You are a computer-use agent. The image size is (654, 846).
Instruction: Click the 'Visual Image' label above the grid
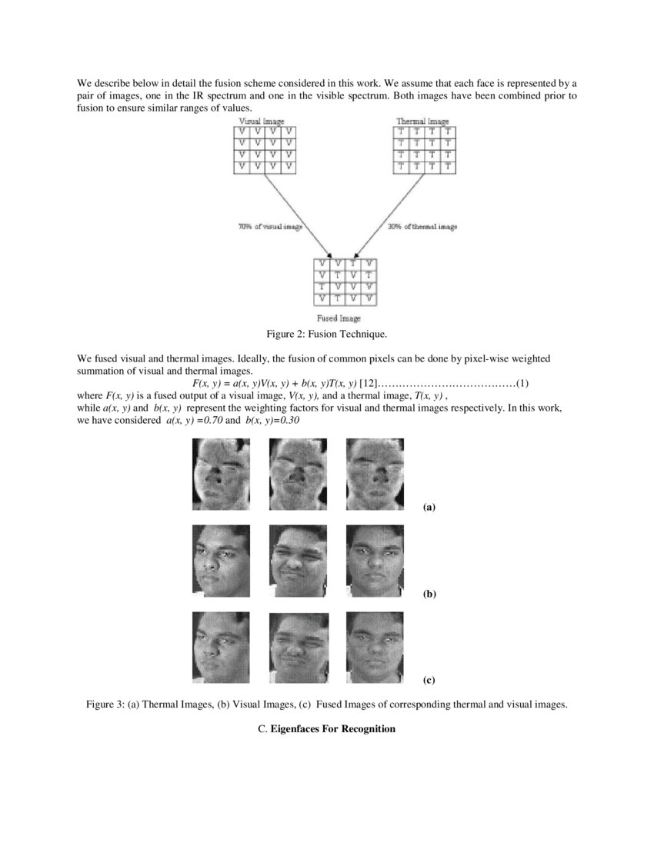click(x=262, y=122)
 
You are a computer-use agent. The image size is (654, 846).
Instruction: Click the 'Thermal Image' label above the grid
click(x=422, y=122)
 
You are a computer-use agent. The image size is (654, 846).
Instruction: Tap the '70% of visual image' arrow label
click(x=269, y=227)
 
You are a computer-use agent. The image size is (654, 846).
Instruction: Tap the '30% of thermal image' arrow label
click(x=422, y=227)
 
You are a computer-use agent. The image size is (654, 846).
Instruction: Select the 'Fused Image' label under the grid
click(x=339, y=318)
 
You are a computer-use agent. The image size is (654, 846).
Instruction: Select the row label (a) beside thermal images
click(x=429, y=507)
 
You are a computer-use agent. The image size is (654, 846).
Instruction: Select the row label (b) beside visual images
click(x=429, y=595)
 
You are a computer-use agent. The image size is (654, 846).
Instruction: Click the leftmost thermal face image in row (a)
click(x=221, y=474)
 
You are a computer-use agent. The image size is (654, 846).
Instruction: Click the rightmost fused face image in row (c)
click(x=375, y=647)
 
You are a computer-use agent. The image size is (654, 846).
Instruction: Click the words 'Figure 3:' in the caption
click(x=105, y=704)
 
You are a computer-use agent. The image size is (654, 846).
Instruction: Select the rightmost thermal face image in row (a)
click(x=375, y=474)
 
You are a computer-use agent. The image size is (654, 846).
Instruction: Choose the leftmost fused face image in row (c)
click(x=221, y=647)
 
